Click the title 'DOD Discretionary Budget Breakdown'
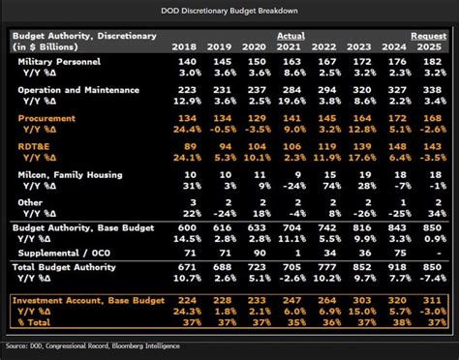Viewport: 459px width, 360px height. (x=229, y=11)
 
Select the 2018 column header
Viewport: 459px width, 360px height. (x=184, y=46)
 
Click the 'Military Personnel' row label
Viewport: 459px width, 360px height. (x=64, y=61)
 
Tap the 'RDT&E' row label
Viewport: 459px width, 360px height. (x=38, y=145)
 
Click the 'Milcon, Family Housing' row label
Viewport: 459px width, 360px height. (x=73, y=173)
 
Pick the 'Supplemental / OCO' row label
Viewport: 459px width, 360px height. (x=64, y=252)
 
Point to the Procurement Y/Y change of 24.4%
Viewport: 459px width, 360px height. (x=184, y=129)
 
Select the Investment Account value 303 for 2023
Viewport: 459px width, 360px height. (x=361, y=300)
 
